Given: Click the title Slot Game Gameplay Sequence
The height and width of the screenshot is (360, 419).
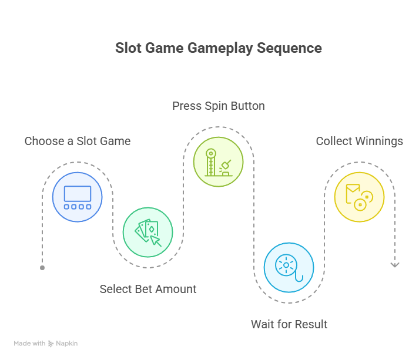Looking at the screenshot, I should coord(219,48).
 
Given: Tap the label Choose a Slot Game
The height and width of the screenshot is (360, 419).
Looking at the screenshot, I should coord(78,141).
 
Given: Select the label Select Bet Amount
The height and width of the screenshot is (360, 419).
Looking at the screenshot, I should coord(148,289).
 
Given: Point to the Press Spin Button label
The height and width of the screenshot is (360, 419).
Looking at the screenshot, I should coord(219,106).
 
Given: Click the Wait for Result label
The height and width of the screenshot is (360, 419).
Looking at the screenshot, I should coord(289,324).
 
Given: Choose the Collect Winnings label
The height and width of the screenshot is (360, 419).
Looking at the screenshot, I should coord(360,141).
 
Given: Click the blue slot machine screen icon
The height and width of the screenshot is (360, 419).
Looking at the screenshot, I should coord(78,197).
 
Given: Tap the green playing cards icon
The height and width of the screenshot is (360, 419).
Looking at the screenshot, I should coord(148,233).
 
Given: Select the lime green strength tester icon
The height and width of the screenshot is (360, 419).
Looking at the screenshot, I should coord(219,162).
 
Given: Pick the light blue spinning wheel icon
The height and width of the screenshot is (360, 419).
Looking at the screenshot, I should coord(289,267).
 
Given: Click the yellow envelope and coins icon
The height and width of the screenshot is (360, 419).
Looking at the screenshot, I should coord(359,197).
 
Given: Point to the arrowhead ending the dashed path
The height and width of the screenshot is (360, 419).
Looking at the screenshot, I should coord(395,265).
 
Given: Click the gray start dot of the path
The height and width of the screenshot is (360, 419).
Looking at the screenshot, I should coord(42,268).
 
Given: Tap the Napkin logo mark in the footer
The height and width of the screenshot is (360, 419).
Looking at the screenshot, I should coord(51,344).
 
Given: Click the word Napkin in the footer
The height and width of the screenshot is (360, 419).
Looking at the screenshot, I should coord(67,344).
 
